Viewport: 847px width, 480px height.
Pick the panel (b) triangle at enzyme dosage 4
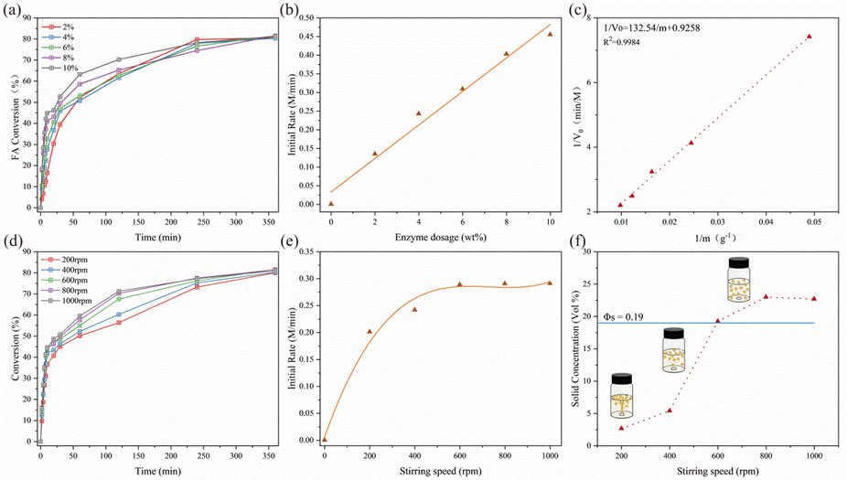click(418, 113)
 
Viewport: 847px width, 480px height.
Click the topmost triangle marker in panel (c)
click(809, 37)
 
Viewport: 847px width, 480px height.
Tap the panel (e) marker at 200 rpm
click(370, 331)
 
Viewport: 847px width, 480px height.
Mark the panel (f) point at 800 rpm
click(766, 296)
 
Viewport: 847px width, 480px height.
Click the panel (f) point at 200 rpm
click(621, 428)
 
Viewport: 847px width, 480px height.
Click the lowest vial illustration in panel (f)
click(622, 394)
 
